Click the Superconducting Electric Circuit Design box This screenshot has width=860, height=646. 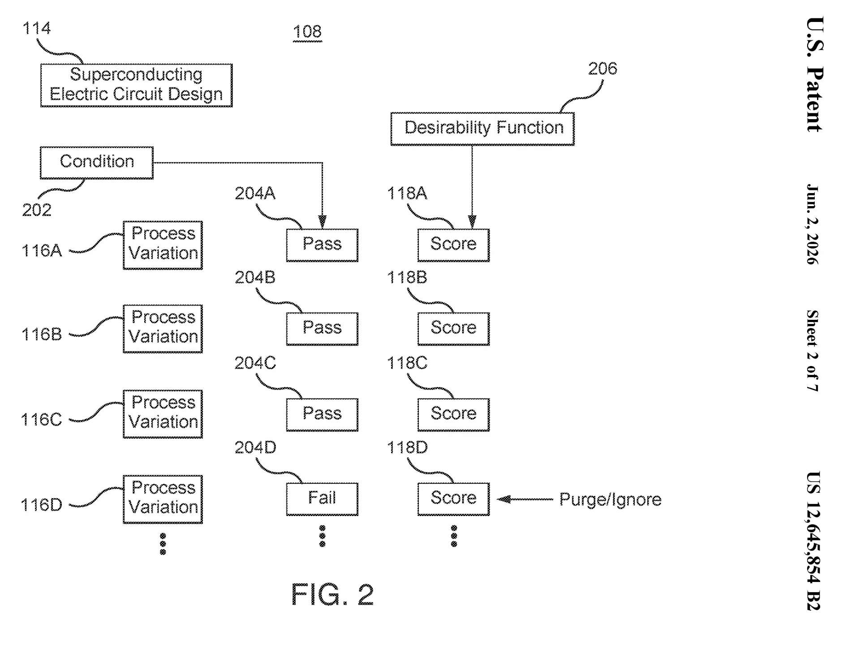tap(136, 85)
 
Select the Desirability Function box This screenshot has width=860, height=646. tap(482, 129)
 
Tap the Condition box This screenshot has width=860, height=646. tap(97, 163)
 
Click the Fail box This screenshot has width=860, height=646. tap(322, 499)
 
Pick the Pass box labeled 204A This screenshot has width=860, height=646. tap(322, 245)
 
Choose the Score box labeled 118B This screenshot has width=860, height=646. tap(453, 329)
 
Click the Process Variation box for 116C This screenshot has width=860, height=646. tap(163, 414)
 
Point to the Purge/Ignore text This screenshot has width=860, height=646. tap(610, 500)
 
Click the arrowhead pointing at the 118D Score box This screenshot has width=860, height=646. tap(504, 499)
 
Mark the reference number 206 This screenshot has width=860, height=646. tap(602, 69)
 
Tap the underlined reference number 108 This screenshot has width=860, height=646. tap(307, 32)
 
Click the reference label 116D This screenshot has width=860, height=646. tap(41, 505)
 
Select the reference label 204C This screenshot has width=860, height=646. tap(255, 362)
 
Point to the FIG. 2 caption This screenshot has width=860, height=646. tap(332, 594)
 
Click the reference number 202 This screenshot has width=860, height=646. tap(37, 210)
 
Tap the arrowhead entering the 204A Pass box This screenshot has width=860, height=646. tap(322, 222)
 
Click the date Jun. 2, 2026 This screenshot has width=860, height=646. tap(813, 224)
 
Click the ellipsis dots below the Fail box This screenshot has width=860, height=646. tap(322, 536)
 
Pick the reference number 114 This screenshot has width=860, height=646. tap(36, 28)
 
